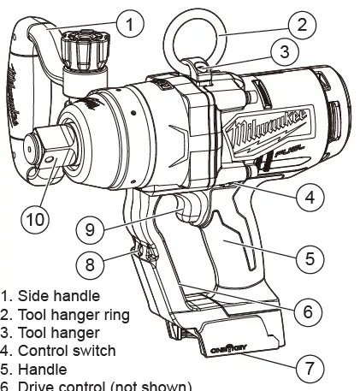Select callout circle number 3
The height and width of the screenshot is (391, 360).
click(x=285, y=52)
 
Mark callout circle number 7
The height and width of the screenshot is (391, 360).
click(x=310, y=370)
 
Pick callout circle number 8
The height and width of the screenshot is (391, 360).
click(x=97, y=261)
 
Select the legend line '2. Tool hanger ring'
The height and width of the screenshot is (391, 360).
click(x=66, y=314)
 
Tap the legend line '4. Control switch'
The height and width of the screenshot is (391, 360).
click(x=59, y=351)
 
